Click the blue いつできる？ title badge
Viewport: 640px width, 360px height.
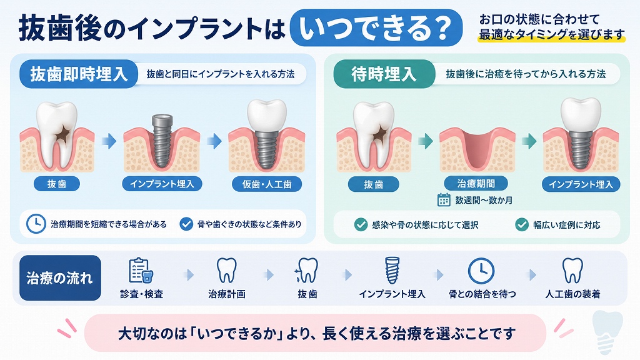376,27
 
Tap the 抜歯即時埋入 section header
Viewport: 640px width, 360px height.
79,74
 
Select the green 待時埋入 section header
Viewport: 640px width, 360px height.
384,74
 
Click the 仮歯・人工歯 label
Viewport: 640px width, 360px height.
267,184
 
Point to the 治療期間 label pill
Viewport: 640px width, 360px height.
476,184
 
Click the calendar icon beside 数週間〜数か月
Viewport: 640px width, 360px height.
444,200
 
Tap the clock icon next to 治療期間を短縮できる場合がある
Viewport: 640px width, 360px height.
36,224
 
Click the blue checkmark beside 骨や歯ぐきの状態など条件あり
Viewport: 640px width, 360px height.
186,224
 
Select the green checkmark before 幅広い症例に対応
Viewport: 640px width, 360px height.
522,224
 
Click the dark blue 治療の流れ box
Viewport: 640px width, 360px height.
60,278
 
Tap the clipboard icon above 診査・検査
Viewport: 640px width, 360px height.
141,271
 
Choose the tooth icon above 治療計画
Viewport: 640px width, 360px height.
226,270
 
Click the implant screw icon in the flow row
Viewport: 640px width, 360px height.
392,270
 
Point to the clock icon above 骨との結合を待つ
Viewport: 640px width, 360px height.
481,271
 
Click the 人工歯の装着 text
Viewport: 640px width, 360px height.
572,294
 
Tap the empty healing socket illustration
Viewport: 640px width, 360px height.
477,149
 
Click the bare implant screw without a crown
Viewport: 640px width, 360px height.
162,141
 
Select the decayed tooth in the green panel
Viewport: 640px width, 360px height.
374,135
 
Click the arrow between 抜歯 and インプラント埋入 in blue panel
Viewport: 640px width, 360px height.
109,142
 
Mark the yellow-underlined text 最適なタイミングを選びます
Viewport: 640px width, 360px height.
552,35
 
